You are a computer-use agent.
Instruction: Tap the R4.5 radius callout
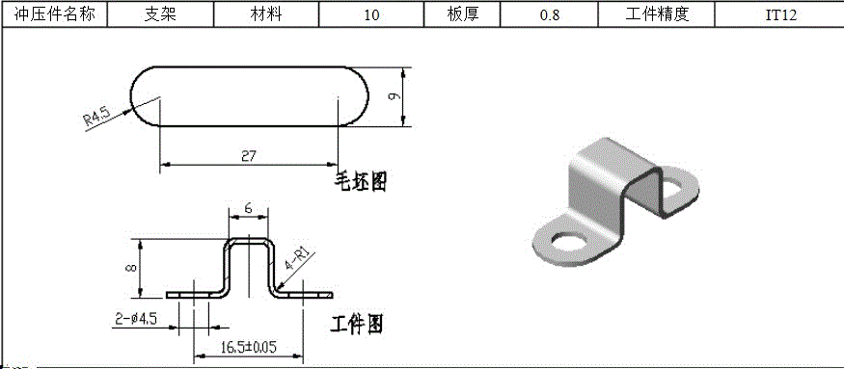tap(96, 118)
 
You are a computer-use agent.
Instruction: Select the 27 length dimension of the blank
tap(248, 154)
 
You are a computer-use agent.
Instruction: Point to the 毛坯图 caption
tap(360, 180)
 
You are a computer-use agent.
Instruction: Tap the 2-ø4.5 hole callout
tap(135, 317)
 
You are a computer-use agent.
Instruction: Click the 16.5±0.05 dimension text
tap(248, 347)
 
